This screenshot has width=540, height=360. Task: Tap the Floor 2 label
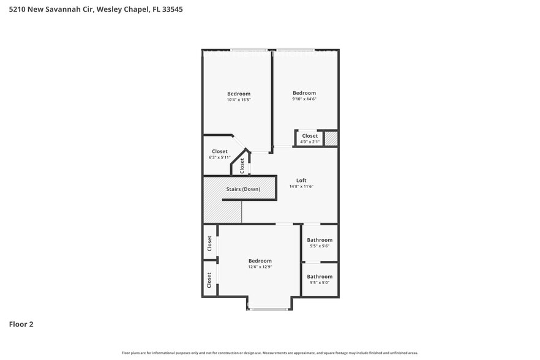coord(21,324)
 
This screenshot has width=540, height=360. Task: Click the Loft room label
coord(301,181)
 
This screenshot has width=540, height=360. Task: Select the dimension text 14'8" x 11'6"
coord(301,187)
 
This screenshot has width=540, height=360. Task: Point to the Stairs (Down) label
coord(243,189)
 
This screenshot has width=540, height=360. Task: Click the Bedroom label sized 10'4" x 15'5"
coord(239,94)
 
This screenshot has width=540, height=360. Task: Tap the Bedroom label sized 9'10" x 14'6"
coord(304,93)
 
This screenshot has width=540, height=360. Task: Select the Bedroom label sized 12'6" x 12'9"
coord(260,261)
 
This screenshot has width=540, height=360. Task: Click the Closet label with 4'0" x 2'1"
coord(310,136)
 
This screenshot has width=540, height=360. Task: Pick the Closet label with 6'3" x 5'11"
coord(220,151)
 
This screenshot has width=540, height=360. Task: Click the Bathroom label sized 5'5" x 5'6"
coord(320,240)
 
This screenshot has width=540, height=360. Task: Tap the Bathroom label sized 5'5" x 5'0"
coord(320,277)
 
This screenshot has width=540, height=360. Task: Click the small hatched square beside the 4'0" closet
coord(331,138)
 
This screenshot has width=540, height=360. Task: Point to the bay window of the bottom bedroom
coord(269,309)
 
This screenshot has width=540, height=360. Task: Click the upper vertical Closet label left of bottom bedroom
coord(209,244)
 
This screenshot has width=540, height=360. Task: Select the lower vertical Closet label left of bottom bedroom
coord(209,280)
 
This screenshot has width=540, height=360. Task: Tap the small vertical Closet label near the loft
coord(242,165)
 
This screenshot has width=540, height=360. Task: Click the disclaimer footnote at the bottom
coord(269,353)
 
